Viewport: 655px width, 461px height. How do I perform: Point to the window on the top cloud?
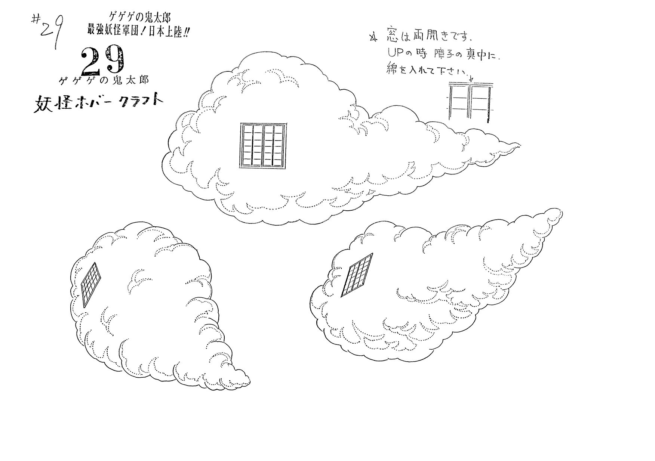pyautogui.click(x=263, y=145)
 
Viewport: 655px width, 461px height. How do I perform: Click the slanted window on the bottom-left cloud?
pyautogui.click(x=91, y=284)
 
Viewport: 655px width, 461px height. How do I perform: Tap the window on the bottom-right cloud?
pyautogui.click(x=357, y=275)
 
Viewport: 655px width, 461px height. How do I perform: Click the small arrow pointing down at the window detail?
pyautogui.click(x=471, y=78)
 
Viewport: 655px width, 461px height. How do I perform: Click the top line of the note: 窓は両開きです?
pyautogui.click(x=427, y=37)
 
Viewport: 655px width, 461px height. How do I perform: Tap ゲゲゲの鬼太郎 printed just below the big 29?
pyautogui.click(x=104, y=80)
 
